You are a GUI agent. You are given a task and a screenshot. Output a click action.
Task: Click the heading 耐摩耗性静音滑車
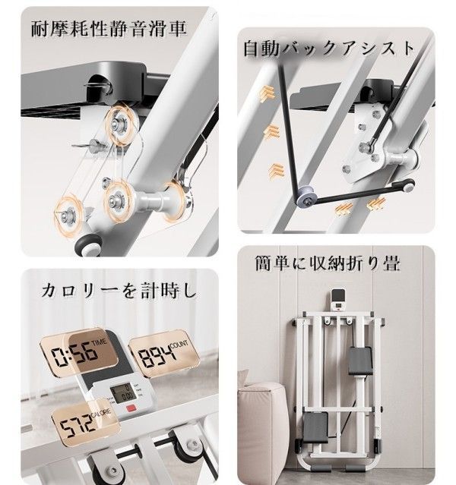[109, 29]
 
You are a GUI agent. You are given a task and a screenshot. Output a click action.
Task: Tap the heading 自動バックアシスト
[329, 49]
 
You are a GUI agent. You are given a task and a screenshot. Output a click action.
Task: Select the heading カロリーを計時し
[119, 291]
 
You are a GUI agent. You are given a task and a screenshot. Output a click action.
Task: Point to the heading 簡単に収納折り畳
[328, 263]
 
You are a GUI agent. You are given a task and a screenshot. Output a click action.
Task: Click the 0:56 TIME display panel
[79, 352]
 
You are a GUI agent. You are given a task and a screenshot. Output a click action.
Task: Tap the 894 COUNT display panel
[163, 354]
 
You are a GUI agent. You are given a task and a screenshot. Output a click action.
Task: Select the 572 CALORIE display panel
[86, 423]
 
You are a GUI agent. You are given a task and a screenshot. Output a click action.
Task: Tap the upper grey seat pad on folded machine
[359, 361]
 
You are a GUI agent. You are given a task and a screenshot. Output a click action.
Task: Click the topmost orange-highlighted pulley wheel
[121, 125]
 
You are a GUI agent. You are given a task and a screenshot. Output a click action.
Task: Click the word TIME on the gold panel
[99, 342]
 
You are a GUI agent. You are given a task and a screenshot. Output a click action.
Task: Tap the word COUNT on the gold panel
[179, 344]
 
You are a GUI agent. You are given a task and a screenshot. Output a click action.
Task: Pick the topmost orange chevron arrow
[267, 93]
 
